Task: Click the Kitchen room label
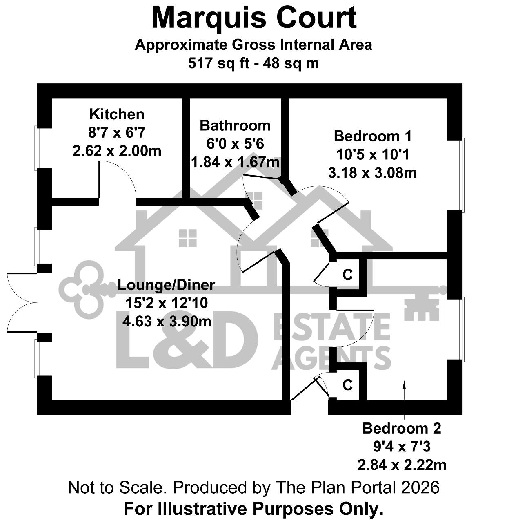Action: coord(117,114)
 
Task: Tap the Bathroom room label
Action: coord(235,125)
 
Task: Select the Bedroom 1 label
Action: coord(372,136)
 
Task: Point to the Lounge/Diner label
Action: coord(166,285)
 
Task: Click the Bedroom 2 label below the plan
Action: coord(402,428)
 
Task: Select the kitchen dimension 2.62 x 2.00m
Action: coord(117,151)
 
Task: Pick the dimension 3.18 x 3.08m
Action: coord(372,173)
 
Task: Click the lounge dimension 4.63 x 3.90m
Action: coord(167,321)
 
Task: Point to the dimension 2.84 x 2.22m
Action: coord(402,465)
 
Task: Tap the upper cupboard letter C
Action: coord(347,275)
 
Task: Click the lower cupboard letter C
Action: coord(347,385)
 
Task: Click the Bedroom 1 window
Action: coord(462,175)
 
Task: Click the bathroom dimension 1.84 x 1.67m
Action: coord(235,162)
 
